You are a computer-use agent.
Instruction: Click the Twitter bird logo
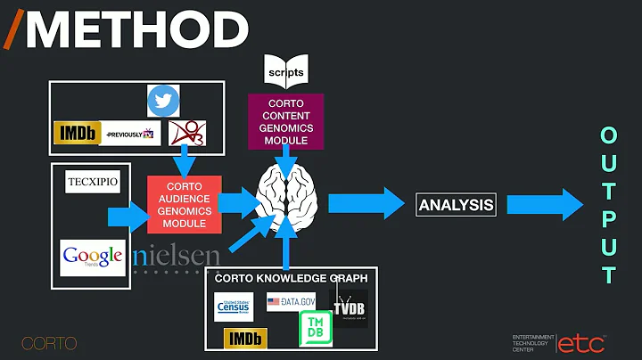(163, 101)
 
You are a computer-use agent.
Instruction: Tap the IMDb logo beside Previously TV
(73, 133)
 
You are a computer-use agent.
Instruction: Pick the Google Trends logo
(92, 258)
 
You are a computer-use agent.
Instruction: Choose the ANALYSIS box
(456, 205)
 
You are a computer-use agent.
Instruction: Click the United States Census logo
(236, 307)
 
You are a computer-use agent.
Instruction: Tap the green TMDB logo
(314, 325)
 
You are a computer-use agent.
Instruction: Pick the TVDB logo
(349, 307)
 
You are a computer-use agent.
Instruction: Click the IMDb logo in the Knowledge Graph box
(244, 338)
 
